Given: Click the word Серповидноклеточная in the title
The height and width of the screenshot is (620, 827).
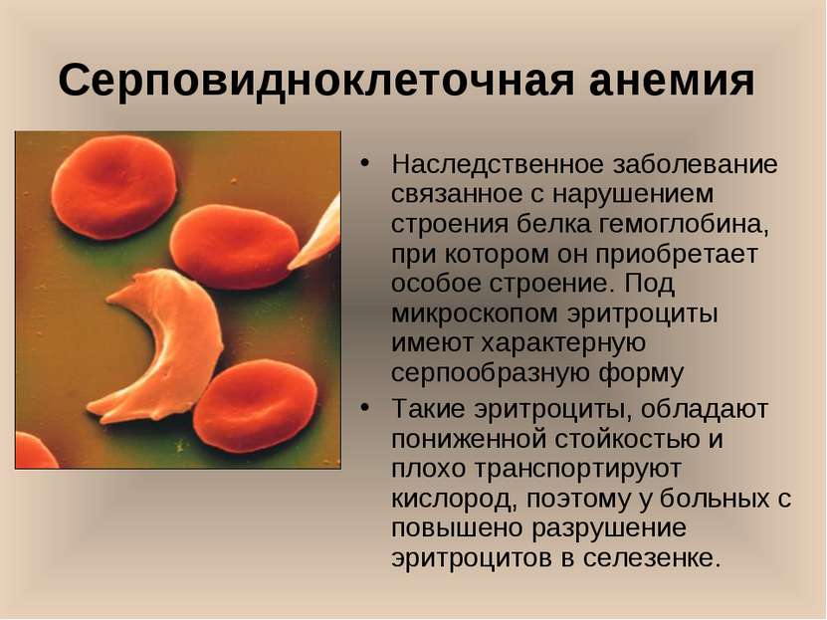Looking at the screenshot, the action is [315, 81].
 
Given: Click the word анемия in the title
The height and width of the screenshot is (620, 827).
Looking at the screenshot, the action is [673, 81].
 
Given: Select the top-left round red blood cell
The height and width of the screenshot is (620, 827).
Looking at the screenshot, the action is [113, 187].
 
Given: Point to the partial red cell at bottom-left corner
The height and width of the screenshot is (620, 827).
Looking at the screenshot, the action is [33, 451].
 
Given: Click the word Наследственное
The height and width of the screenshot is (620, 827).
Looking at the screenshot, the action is [498, 164].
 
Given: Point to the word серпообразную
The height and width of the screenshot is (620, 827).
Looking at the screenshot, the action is [491, 374].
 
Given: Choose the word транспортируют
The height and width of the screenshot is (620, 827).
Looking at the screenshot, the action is [576, 469].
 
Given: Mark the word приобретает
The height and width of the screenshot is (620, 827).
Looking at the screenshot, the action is [677, 255].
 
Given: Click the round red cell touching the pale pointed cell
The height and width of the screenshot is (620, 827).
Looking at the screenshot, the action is [235, 247].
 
